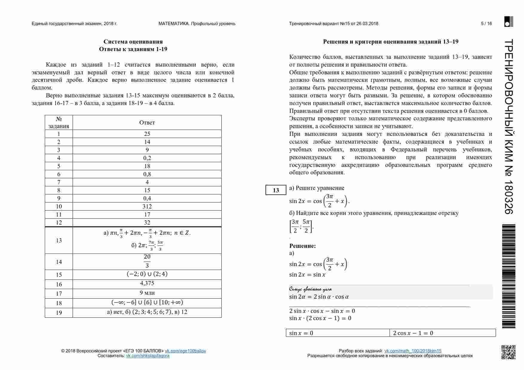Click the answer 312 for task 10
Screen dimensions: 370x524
(147, 206)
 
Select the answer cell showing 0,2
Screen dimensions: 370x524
(147, 158)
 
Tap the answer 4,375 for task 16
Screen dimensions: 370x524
(147, 283)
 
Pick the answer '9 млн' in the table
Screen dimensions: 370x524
(147, 293)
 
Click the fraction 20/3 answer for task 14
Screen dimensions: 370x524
(147, 261)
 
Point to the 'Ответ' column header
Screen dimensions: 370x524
(147, 122)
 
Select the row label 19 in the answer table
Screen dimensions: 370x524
(59, 312)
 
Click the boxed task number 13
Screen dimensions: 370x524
(276, 190)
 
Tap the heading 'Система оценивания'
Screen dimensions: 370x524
(133, 42)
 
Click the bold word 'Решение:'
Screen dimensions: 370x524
(303, 246)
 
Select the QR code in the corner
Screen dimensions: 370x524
(508, 352)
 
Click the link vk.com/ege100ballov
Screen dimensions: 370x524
(185, 351)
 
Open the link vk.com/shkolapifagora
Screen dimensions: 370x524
(148, 356)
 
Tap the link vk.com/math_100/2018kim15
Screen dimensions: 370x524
(413, 351)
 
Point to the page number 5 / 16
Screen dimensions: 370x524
(486, 24)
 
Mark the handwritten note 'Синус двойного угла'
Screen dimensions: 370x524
(310, 289)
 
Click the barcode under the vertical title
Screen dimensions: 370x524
(508, 276)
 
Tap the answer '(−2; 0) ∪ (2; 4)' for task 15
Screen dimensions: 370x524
(147, 274)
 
